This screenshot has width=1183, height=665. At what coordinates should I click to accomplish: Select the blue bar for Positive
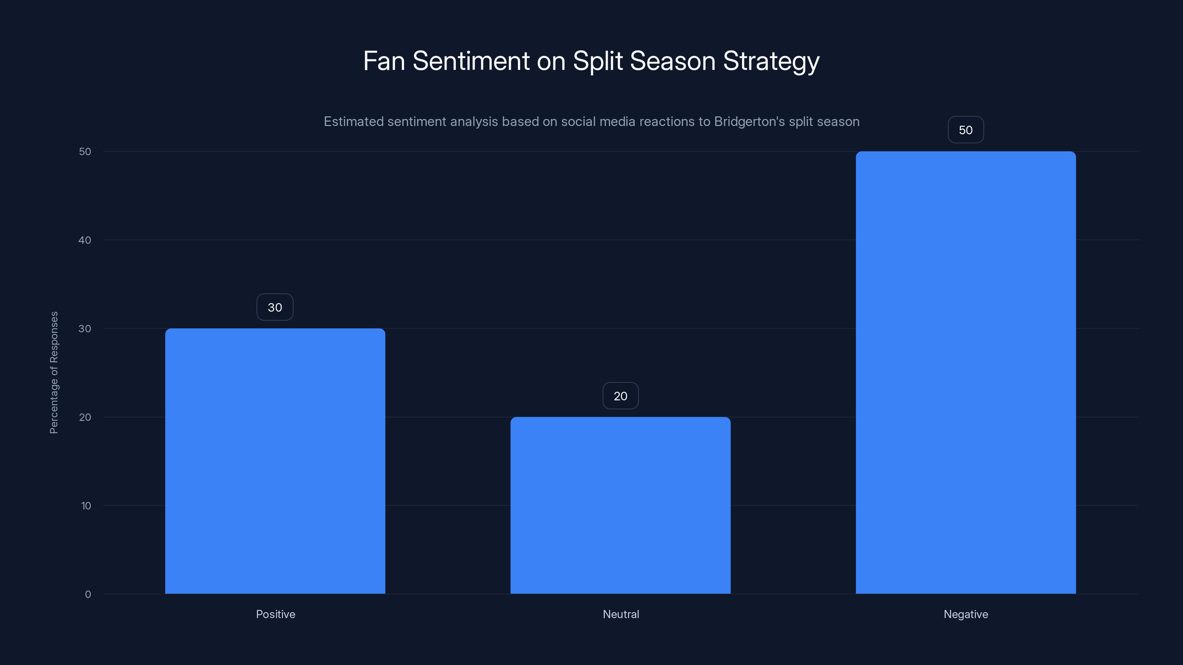pos(275,461)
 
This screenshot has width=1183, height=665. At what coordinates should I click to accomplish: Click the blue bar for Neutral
pos(620,505)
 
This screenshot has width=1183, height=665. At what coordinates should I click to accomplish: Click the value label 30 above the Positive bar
pos(275,307)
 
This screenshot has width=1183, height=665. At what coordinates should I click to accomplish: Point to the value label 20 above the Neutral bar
pos(620,396)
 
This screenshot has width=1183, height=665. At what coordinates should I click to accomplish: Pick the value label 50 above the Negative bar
pos(965,130)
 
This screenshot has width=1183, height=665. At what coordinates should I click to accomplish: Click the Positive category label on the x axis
pos(275,614)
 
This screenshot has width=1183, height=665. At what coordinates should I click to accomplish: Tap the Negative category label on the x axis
pos(965,614)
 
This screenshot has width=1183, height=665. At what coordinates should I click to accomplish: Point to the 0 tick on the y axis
pos(88,594)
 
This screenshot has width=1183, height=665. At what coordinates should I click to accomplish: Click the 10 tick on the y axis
pos(86,506)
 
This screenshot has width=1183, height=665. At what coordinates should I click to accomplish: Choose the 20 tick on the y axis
pos(85,417)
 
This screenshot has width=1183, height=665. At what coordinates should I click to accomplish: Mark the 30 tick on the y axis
pos(85,328)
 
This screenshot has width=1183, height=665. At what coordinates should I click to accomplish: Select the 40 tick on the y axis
pos(85,240)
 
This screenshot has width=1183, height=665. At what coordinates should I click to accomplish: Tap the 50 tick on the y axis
pos(85,151)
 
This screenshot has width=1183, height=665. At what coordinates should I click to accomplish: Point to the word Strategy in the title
pos(771,61)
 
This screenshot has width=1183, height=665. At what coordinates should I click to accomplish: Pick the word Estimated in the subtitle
pos(354,122)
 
